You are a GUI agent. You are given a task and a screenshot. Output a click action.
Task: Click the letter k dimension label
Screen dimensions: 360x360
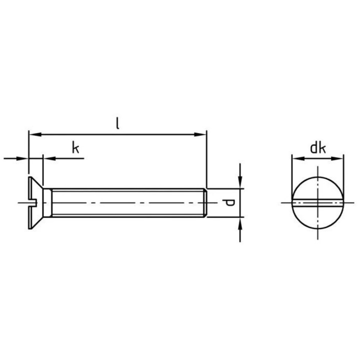75,148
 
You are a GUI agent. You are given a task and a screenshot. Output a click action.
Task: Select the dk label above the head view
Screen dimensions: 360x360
317,147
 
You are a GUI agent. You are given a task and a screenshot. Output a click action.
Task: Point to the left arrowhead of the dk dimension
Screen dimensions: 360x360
295,159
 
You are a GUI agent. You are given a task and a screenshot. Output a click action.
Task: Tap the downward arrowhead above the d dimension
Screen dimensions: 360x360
240,183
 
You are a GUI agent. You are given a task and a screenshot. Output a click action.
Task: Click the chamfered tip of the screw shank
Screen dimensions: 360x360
205,202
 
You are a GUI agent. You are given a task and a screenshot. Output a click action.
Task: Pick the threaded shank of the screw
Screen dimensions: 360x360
125,202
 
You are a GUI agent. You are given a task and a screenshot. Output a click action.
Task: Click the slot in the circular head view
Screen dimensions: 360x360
317,202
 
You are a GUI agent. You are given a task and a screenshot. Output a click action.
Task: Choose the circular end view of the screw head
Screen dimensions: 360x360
317,190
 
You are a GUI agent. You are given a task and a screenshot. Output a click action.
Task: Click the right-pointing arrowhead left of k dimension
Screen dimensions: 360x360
24,159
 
